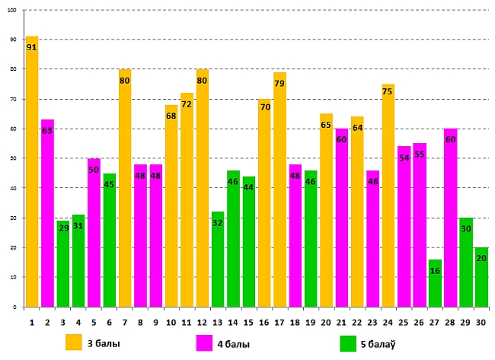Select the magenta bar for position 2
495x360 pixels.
(47, 213)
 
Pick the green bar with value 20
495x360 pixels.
(481, 277)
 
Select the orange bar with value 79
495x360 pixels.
(279, 190)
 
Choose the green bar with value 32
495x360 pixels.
(218, 259)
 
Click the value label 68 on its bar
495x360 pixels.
(171, 116)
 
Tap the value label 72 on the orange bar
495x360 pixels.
(187, 104)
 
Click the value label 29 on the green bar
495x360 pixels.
(63, 228)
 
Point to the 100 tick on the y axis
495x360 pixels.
(13, 10)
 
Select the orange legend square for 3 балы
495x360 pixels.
(73, 343)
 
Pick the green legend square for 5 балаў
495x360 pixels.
(349, 343)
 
